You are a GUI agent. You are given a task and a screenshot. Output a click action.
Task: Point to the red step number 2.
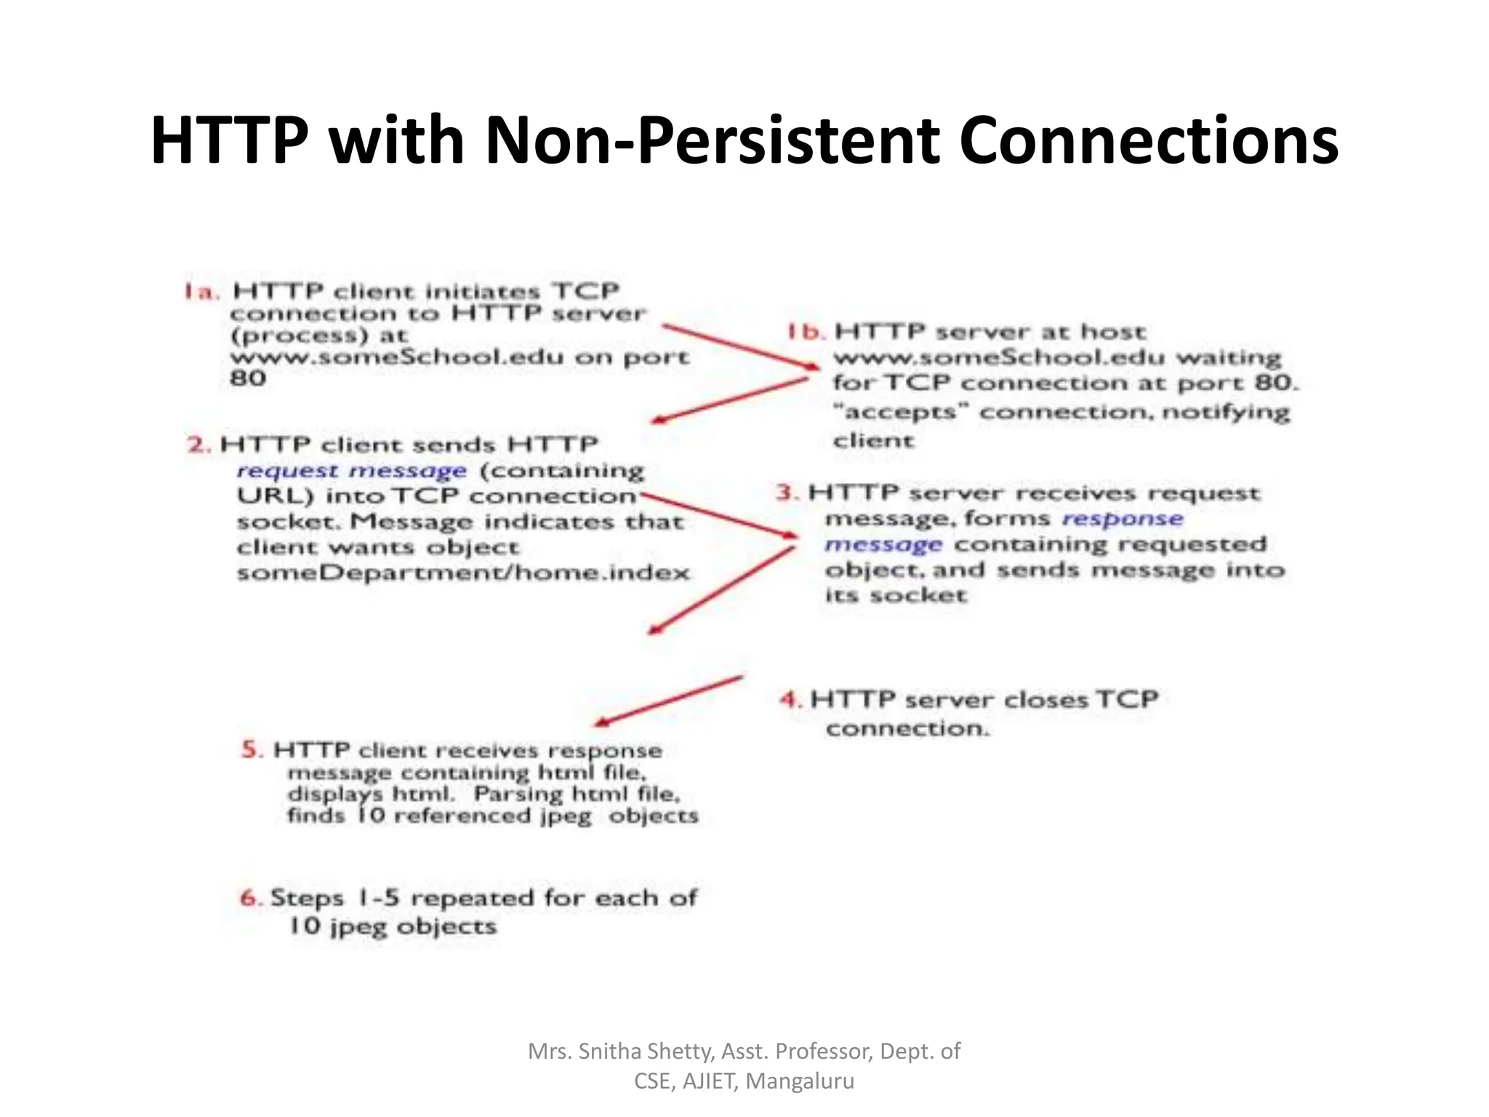pos(198,444)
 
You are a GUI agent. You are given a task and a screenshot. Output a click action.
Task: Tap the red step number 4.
pos(790,700)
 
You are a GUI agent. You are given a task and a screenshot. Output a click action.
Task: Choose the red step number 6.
pos(251,898)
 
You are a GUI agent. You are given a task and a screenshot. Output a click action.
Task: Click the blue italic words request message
pos(351,471)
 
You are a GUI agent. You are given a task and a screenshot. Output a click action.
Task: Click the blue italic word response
pos(1122,519)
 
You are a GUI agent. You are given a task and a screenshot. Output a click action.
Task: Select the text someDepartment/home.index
pos(463,573)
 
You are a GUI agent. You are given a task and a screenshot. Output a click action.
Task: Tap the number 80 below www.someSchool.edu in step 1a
pos(248,379)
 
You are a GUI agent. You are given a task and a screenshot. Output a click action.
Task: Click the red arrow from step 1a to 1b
pos(738,346)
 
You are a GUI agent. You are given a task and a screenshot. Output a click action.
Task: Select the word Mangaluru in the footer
pos(800,1081)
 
